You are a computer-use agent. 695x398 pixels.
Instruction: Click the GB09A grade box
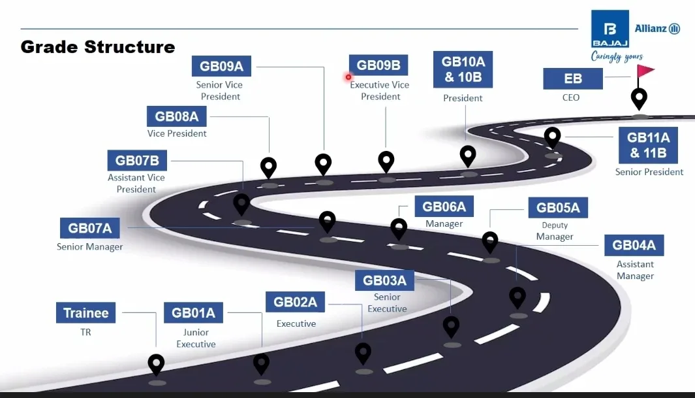[x=221, y=66]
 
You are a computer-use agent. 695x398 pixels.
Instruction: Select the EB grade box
[x=573, y=78]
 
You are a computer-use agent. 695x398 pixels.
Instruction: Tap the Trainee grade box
[x=85, y=313]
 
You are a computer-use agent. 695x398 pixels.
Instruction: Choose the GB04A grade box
[x=634, y=245]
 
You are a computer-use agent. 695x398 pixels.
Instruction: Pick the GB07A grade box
[x=89, y=228]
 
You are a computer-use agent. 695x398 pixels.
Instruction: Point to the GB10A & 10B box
[x=463, y=69]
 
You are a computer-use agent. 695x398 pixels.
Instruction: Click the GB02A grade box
[x=295, y=302]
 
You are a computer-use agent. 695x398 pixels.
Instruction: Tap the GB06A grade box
[x=444, y=207]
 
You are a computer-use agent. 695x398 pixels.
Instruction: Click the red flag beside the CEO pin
[x=645, y=71]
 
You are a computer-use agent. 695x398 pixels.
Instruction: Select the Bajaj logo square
[x=610, y=29]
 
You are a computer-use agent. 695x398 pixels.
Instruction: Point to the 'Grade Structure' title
[x=97, y=47]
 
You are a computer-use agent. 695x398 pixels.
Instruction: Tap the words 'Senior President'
[x=649, y=172]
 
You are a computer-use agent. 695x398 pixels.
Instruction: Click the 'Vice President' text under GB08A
[x=177, y=133]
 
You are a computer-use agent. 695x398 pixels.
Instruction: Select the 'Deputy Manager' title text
[x=555, y=231]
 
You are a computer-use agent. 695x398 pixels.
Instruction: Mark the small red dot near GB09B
[x=348, y=77]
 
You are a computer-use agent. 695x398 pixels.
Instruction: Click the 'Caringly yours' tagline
[x=617, y=57]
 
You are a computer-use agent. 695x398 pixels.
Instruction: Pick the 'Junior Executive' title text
[x=196, y=338]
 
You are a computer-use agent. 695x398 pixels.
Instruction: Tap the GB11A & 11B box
[x=649, y=145]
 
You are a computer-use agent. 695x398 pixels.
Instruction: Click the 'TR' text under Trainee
[x=85, y=332]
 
